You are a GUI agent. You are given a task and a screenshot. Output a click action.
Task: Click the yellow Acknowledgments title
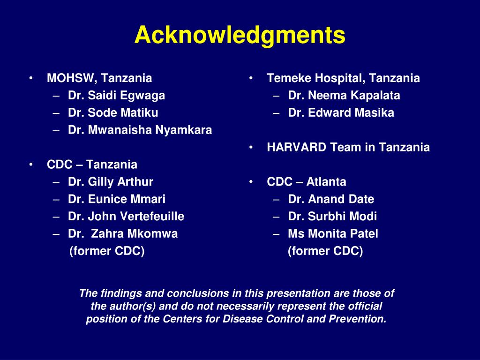pos(240,35)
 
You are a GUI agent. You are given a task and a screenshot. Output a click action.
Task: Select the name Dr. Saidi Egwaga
pos(116,96)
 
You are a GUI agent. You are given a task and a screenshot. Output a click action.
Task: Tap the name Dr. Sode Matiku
pos(113,113)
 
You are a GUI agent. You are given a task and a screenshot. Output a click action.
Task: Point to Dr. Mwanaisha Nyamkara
pos(140,130)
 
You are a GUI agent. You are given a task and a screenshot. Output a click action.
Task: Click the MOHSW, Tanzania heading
pos(99,78)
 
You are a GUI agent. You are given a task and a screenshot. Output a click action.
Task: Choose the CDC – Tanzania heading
pos(92,165)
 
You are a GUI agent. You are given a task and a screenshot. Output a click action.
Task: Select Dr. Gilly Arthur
pos(111,182)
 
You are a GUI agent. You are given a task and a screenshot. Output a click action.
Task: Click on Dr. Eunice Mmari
pos(117,199)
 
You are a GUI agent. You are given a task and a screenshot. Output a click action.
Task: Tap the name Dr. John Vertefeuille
pos(126,217)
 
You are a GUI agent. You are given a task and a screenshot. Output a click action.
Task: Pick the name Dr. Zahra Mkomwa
pos(123,234)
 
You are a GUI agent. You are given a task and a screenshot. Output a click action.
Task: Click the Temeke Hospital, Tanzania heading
pos(343,78)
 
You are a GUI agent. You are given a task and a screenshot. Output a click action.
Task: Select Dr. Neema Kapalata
pos(344,96)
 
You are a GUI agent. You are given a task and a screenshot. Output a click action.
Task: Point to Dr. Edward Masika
pos(341,113)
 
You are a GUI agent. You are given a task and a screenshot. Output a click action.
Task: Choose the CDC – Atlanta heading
pos(307,182)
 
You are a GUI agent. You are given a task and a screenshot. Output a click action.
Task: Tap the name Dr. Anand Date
pos(331,199)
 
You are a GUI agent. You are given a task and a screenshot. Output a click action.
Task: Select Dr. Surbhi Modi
pos(332,217)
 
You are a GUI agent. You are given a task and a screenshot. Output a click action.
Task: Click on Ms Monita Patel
pos(333,234)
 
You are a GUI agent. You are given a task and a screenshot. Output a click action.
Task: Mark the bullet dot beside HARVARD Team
pos(252,148)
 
